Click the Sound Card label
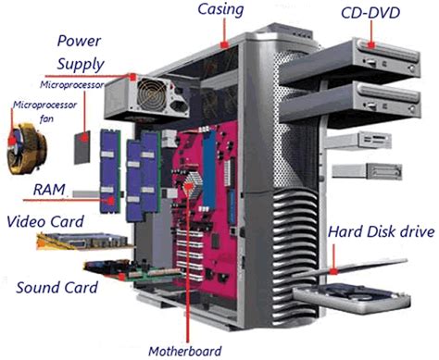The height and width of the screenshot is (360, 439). [57, 286]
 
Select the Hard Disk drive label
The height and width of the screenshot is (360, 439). [382, 231]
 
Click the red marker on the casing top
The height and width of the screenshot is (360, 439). [226, 43]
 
